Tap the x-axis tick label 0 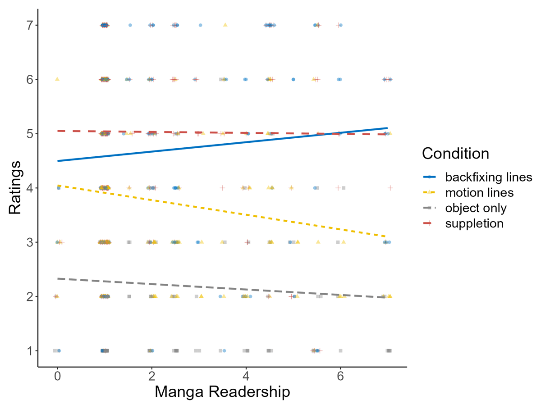(x=57, y=377)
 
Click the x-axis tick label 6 (x=340, y=377)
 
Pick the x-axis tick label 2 (x=151, y=377)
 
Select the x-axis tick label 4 (x=246, y=377)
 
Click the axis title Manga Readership (x=222, y=392)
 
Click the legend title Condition (x=455, y=154)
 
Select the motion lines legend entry (x=479, y=193)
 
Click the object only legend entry (x=476, y=208)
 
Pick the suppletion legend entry (x=474, y=223)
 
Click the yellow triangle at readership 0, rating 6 (x=57, y=79)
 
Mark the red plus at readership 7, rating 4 (x=390, y=187)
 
